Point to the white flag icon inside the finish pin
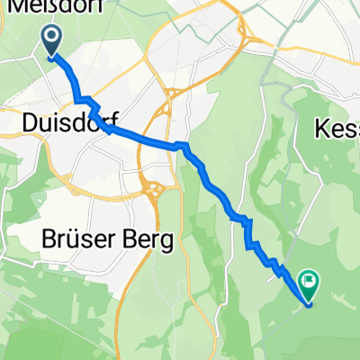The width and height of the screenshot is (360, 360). tap(310, 282)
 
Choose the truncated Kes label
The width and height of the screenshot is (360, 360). tap(338, 130)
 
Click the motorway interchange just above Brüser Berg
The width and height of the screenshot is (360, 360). tap(153, 190)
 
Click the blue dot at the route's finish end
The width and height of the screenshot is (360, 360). tap(310, 303)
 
